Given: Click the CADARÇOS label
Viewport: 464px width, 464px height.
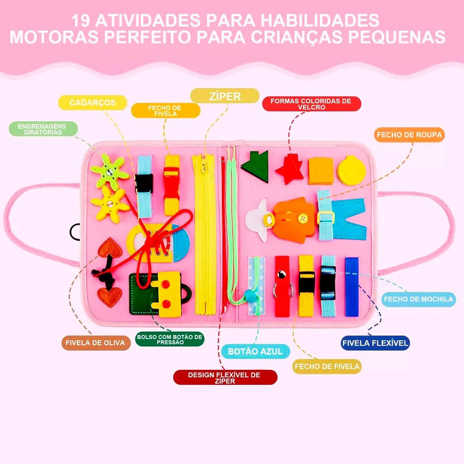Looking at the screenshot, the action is [x=92, y=103].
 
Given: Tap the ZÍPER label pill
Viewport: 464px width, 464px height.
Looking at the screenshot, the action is [x=225, y=96].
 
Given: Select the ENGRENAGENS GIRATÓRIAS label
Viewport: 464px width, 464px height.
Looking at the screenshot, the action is [x=43, y=129].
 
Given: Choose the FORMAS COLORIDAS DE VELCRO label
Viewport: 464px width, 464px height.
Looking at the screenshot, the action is [x=312, y=104].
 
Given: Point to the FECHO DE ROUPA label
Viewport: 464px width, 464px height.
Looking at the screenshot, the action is [x=410, y=135].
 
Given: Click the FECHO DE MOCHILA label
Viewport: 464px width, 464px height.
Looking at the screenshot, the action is [x=418, y=299].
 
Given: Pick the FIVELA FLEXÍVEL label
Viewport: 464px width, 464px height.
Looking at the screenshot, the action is [x=375, y=343].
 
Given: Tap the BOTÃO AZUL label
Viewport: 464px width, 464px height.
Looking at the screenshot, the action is [x=255, y=352].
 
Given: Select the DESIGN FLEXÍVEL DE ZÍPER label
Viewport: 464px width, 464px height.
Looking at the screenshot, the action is [x=225, y=377].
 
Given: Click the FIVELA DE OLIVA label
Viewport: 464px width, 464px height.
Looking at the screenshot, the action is [x=96, y=343].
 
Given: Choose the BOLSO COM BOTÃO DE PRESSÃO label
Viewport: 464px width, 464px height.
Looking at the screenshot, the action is [x=170, y=339].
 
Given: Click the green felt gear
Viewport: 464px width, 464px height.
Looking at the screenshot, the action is [x=110, y=172].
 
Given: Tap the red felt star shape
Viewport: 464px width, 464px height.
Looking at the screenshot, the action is [x=290, y=169].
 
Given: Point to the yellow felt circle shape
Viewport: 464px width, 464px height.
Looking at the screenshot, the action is [x=351, y=170].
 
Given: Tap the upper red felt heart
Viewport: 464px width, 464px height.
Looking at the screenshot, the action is [x=110, y=248].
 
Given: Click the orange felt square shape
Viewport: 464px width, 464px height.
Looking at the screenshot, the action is [x=321, y=171].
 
